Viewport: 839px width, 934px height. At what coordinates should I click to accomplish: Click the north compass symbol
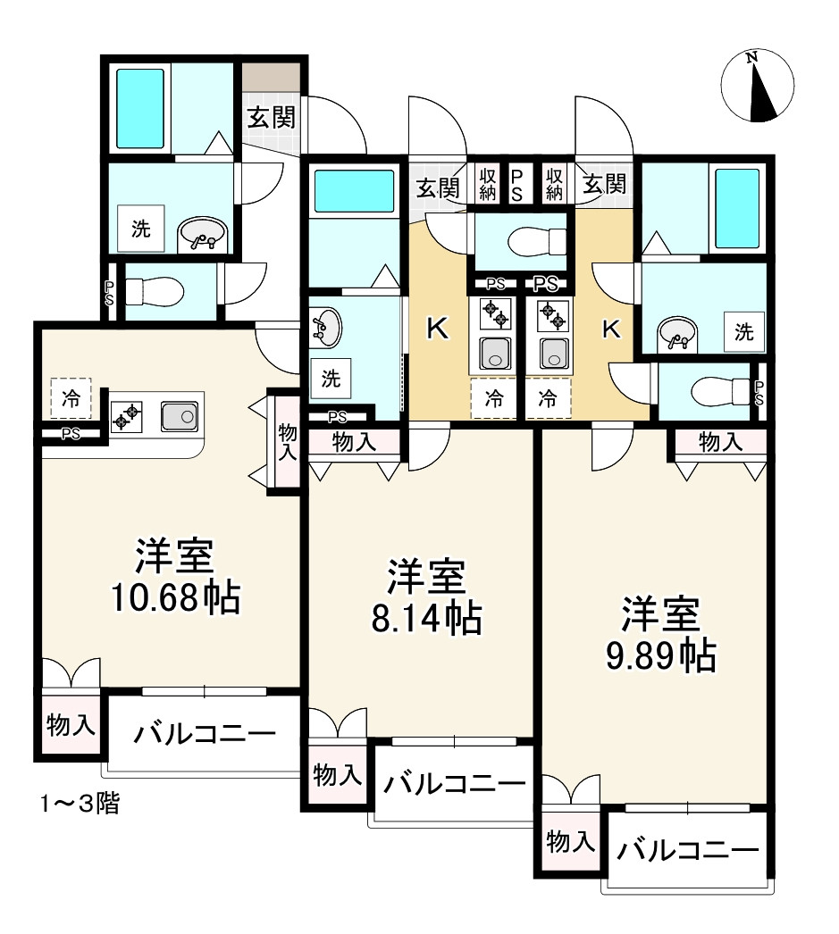[x=757, y=86]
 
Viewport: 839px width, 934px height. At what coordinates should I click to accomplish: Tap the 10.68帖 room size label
[x=175, y=577]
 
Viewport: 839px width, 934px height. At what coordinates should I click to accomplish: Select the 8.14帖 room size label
[x=426, y=596]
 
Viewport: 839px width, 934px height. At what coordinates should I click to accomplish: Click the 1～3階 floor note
[x=79, y=804]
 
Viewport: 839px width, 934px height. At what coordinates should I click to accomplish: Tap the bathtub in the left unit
[x=140, y=108]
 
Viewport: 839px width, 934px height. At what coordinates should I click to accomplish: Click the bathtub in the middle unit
[x=353, y=191]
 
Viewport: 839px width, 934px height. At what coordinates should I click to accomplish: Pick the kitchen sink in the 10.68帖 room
[x=180, y=416]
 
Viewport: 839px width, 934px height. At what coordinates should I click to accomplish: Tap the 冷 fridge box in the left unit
[x=70, y=399]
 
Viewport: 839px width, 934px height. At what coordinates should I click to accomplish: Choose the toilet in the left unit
[x=154, y=291]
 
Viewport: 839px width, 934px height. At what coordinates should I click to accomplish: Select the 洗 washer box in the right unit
[x=743, y=333]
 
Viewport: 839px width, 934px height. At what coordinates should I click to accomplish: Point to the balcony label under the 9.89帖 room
[x=686, y=850]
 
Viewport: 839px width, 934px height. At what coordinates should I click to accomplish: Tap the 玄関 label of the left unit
[x=271, y=118]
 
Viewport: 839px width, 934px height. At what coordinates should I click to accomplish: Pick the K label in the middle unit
[x=437, y=329]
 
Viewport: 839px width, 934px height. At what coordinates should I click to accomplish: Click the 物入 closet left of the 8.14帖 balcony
[x=338, y=776]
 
